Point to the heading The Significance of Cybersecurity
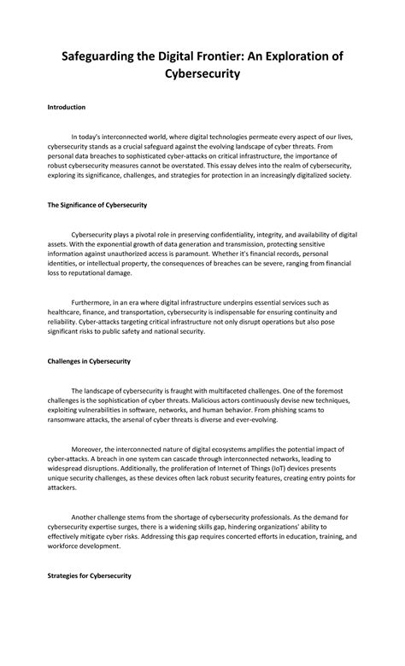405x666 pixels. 97,206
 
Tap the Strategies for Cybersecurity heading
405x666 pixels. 89,576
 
